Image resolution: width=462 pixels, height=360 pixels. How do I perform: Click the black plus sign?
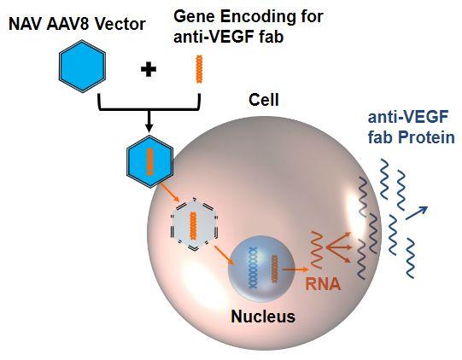[149, 70]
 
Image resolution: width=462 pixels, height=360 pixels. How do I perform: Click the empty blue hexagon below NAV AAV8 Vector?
[82, 67]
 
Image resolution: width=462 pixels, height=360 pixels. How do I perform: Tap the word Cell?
[264, 100]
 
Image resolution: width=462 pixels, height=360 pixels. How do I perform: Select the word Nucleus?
[263, 316]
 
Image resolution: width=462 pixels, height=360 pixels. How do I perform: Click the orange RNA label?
[323, 284]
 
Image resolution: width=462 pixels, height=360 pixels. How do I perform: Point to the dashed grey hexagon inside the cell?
[194, 224]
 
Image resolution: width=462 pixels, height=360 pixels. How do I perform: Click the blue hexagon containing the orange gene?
[149, 161]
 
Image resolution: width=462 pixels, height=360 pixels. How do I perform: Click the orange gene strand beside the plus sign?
[200, 69]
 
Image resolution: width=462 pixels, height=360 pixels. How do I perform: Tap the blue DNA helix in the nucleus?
[253, 267]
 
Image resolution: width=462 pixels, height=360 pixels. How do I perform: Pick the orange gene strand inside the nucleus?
[275, 269]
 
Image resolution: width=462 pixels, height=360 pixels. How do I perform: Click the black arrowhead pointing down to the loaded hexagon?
[149, 128]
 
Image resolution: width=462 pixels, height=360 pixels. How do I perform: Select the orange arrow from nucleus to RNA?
[295, 269]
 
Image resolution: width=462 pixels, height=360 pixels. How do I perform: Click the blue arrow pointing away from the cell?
[417, 212]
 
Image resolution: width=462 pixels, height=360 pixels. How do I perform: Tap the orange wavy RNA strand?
[316, 250]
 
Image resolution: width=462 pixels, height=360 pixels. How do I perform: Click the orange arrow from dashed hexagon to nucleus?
[225, 256]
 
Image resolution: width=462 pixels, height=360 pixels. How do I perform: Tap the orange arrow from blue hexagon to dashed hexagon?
[170, 193]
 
